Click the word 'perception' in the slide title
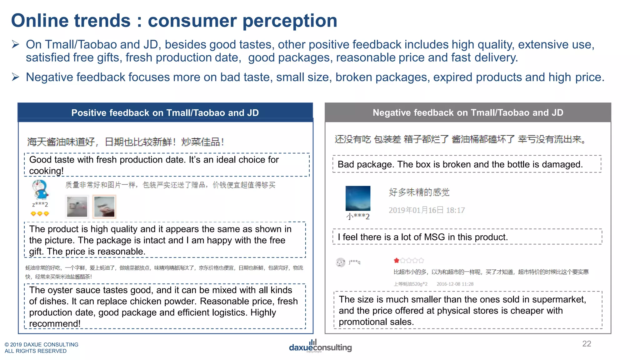290,21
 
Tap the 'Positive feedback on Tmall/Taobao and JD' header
165,112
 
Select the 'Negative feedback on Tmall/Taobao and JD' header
468,112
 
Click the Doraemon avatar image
40,189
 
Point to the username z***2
40,205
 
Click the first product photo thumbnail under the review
77,206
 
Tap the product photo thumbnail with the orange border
104,206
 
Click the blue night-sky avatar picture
358,198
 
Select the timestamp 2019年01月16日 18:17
427,210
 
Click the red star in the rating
396,260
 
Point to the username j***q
354,262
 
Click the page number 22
587,344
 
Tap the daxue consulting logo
320,347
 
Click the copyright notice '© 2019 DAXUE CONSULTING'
41,344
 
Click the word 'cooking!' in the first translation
46,171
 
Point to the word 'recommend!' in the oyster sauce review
55,323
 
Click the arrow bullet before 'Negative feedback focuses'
16,77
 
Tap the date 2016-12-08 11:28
455,284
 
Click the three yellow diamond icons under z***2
40,214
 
